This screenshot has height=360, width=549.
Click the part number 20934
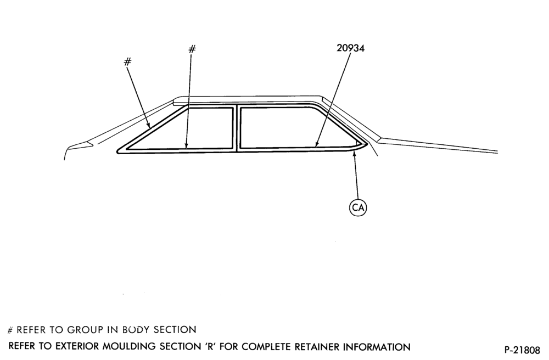(350, 48)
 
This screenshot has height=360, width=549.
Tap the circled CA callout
(358, 207)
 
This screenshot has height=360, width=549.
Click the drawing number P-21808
(522, 350)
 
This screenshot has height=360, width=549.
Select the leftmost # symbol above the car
(128, 62)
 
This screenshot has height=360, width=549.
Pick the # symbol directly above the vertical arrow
(192, 49)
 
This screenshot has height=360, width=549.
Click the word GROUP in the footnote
(85, 330)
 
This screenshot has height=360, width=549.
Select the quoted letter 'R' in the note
(209, 346)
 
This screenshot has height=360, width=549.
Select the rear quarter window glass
(290, 127)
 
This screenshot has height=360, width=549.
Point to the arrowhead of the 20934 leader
(316, 144)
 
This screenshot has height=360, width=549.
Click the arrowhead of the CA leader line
(354, 155)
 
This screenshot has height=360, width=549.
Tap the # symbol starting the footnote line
(10, 330)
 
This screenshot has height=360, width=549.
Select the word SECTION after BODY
(175, 330)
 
